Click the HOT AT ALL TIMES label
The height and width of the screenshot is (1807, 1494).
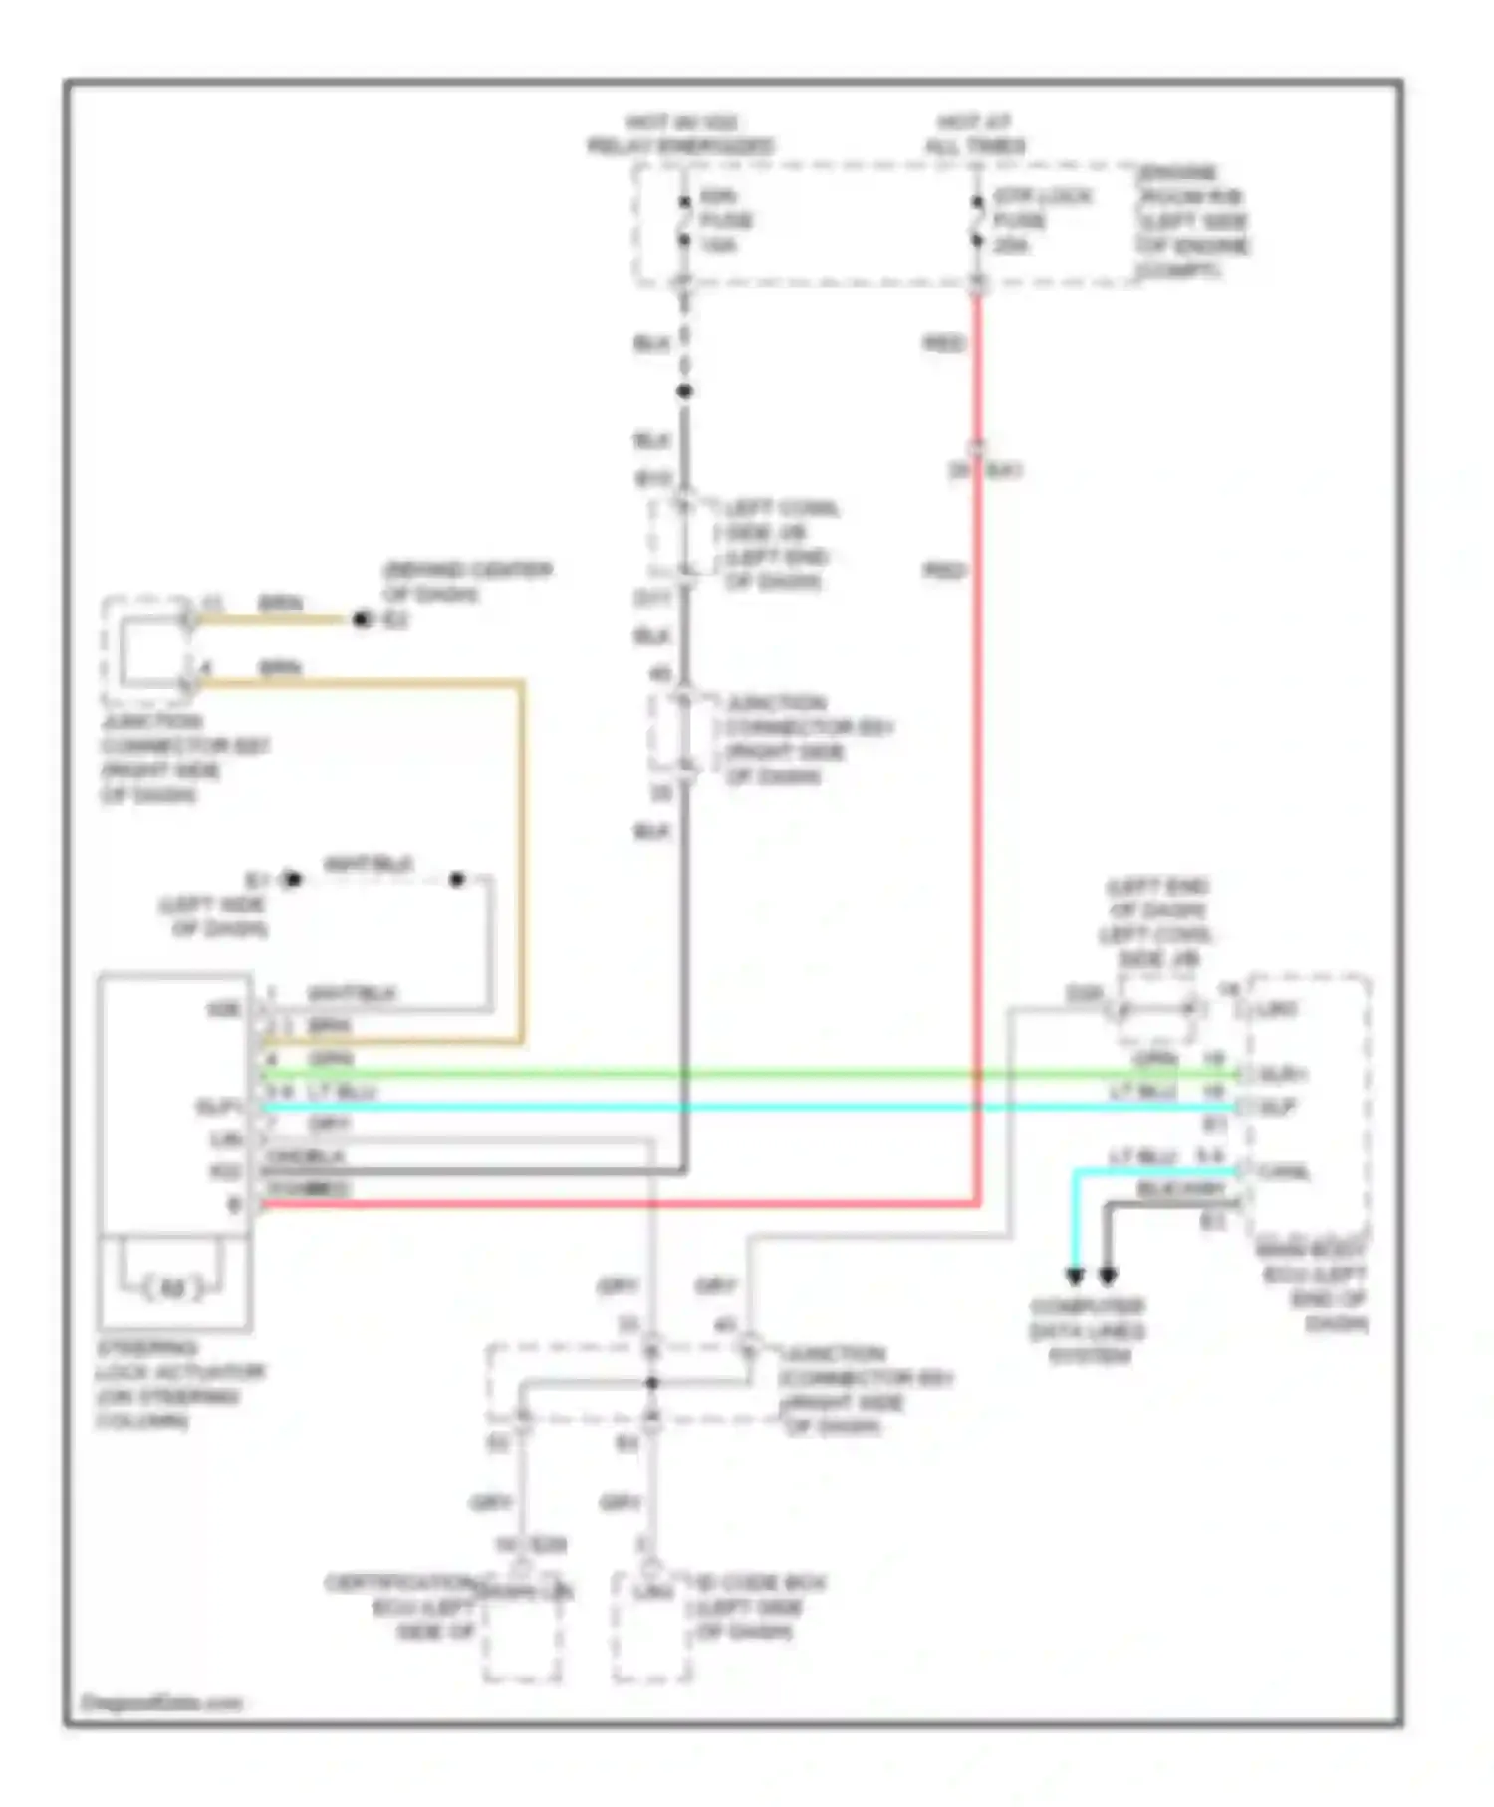point(974,134)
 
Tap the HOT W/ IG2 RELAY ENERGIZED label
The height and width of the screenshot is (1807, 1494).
point(681,134)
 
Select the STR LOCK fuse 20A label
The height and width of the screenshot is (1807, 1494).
point(1041,220)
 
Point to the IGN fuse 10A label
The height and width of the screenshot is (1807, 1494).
point(725,220)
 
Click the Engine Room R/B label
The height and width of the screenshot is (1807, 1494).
point(1193,221)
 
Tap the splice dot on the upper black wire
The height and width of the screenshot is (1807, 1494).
point(684,391)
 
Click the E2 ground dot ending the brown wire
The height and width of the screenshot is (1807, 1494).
point(361,620)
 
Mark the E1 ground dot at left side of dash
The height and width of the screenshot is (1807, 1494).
point(292,880)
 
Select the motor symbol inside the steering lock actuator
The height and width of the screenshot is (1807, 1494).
point(172,1288)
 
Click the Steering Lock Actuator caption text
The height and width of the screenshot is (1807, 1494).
point(179,1384)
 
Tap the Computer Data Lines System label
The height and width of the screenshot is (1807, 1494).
point(1087,1331)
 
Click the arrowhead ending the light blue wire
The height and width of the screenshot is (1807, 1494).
point(1075,1276)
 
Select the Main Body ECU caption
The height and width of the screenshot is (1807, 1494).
point(1313,1286)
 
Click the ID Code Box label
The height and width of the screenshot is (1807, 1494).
point(757,1607)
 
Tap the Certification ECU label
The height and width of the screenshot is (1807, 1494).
point(398,1607)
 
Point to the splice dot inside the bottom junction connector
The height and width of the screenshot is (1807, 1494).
point(652,1383)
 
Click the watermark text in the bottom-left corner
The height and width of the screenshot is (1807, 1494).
point(161,1703)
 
